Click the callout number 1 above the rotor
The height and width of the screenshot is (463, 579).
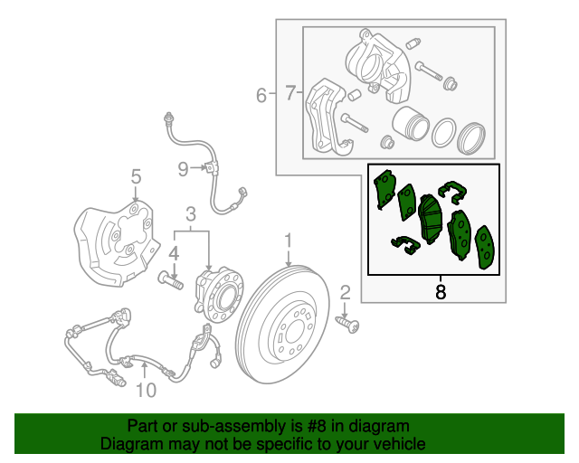(x=288, y=241)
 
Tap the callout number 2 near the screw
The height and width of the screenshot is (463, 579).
(x=345, y=292)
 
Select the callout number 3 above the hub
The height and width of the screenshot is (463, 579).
(x=191, y=214)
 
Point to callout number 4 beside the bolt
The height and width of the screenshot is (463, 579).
(x=174, y=254)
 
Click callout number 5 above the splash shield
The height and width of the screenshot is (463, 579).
(x=136, y=176)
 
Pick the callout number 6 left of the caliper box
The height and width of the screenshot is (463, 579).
(x=261, y=96)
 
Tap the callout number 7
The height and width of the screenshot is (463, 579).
(x=290, y=92)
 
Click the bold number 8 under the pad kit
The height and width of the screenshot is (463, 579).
(x=441, y=292)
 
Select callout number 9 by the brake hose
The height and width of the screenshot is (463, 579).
(x=183, y=169)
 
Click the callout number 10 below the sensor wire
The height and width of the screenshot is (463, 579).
(x=147, y=390)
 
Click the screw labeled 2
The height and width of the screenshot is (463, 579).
(x=347, y=324)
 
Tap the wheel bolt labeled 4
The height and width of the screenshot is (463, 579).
(x=171, y=280)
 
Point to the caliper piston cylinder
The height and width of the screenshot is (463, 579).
(x=410, y=124)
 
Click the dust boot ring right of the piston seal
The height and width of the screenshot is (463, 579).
(x=470, y=138)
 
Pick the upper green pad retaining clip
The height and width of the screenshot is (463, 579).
(x=452, y=191)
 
